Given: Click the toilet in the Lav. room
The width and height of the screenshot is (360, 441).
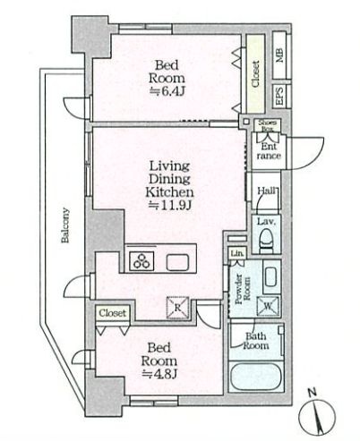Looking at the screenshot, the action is coord(266,240).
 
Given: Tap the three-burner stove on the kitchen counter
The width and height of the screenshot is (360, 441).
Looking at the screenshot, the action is coord(141,260).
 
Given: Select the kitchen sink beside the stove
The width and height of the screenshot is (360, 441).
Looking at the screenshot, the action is coord(177,262).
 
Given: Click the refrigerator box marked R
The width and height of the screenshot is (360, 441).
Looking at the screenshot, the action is coord(178,308).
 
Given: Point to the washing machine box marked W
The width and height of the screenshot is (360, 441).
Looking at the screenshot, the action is coord(268,306).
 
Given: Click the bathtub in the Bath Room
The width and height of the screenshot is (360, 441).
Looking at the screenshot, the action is coord(256,377).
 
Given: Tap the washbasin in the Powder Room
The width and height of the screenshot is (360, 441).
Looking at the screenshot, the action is coord(270,277).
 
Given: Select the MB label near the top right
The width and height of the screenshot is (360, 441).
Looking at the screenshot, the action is coord(279,55).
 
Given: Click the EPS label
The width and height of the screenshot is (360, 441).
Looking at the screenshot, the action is coord(279,96).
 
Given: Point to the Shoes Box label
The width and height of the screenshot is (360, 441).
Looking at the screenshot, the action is coord(268,125).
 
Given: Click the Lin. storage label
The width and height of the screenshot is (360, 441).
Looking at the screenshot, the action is coord(237,253).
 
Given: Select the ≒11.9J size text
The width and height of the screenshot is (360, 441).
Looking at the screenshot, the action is coord(169,205).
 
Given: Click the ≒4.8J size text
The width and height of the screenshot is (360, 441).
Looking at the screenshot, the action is coord(159,374).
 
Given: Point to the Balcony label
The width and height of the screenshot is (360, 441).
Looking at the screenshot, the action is coord(65,225).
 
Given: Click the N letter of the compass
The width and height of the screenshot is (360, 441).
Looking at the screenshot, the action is coord(313,393).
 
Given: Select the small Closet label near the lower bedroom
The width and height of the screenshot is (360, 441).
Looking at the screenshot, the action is coord(113,313).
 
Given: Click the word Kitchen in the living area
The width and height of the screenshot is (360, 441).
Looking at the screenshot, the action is coord(169,192).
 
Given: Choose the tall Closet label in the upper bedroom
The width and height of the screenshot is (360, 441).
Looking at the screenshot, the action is coord(256,74).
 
